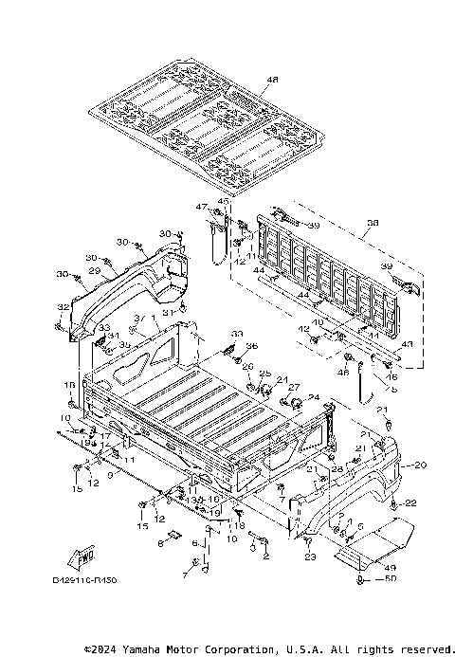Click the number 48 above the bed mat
click(x=247, y=80)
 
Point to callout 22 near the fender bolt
click(x=411, y=502)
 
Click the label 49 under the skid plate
click(x=390, y=567)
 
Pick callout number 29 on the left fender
click(x=94, y=271)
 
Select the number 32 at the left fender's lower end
click(x=64, y=308)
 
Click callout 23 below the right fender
click(x=309, y=557)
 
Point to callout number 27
click(x=294, y=387)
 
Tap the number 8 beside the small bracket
click(x=161, y=543)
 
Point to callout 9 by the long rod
click(x=110, y=475)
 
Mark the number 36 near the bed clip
click(x=252, y=345)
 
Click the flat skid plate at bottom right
click(x=379, y=541)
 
